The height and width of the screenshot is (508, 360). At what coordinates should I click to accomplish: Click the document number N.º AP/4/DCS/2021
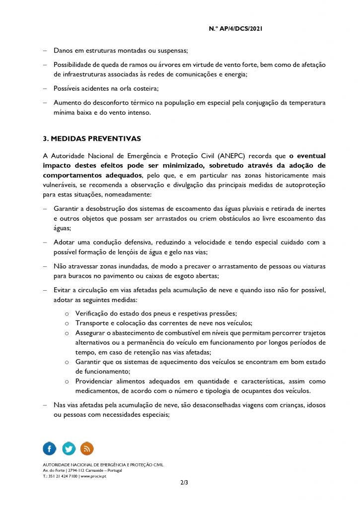coord(235,29)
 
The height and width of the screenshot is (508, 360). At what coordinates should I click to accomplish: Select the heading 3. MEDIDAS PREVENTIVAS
coord(92,138)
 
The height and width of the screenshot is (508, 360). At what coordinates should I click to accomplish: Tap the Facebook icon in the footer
coord(50,448)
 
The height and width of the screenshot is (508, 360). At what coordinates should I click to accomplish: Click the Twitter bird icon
coord(69,448)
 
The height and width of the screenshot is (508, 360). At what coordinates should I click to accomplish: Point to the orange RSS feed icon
coord(87,448)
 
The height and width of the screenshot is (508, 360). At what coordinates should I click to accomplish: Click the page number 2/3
coord(184,482)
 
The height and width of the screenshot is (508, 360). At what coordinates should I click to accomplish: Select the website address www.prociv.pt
coord(93,476)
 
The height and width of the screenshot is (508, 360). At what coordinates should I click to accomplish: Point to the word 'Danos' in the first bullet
coord(63,51)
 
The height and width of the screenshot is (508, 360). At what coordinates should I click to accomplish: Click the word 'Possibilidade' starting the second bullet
coord(73,65)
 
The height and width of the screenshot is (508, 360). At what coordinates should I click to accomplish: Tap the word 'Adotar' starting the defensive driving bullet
coord(64,242)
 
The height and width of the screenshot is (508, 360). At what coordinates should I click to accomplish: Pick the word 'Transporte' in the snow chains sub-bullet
coord(92,323)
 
